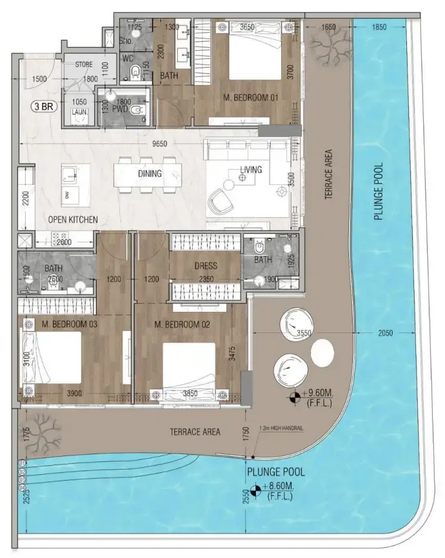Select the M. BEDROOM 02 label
tap(183, 324)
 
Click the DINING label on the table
tap(149, 174)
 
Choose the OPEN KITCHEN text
tap(74, 220)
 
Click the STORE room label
tap(83, 64)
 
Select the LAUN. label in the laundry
tap(79, 111)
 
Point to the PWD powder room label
tap(121, 111)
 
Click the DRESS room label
tap(206, 265)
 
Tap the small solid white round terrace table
tap(322, 352)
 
